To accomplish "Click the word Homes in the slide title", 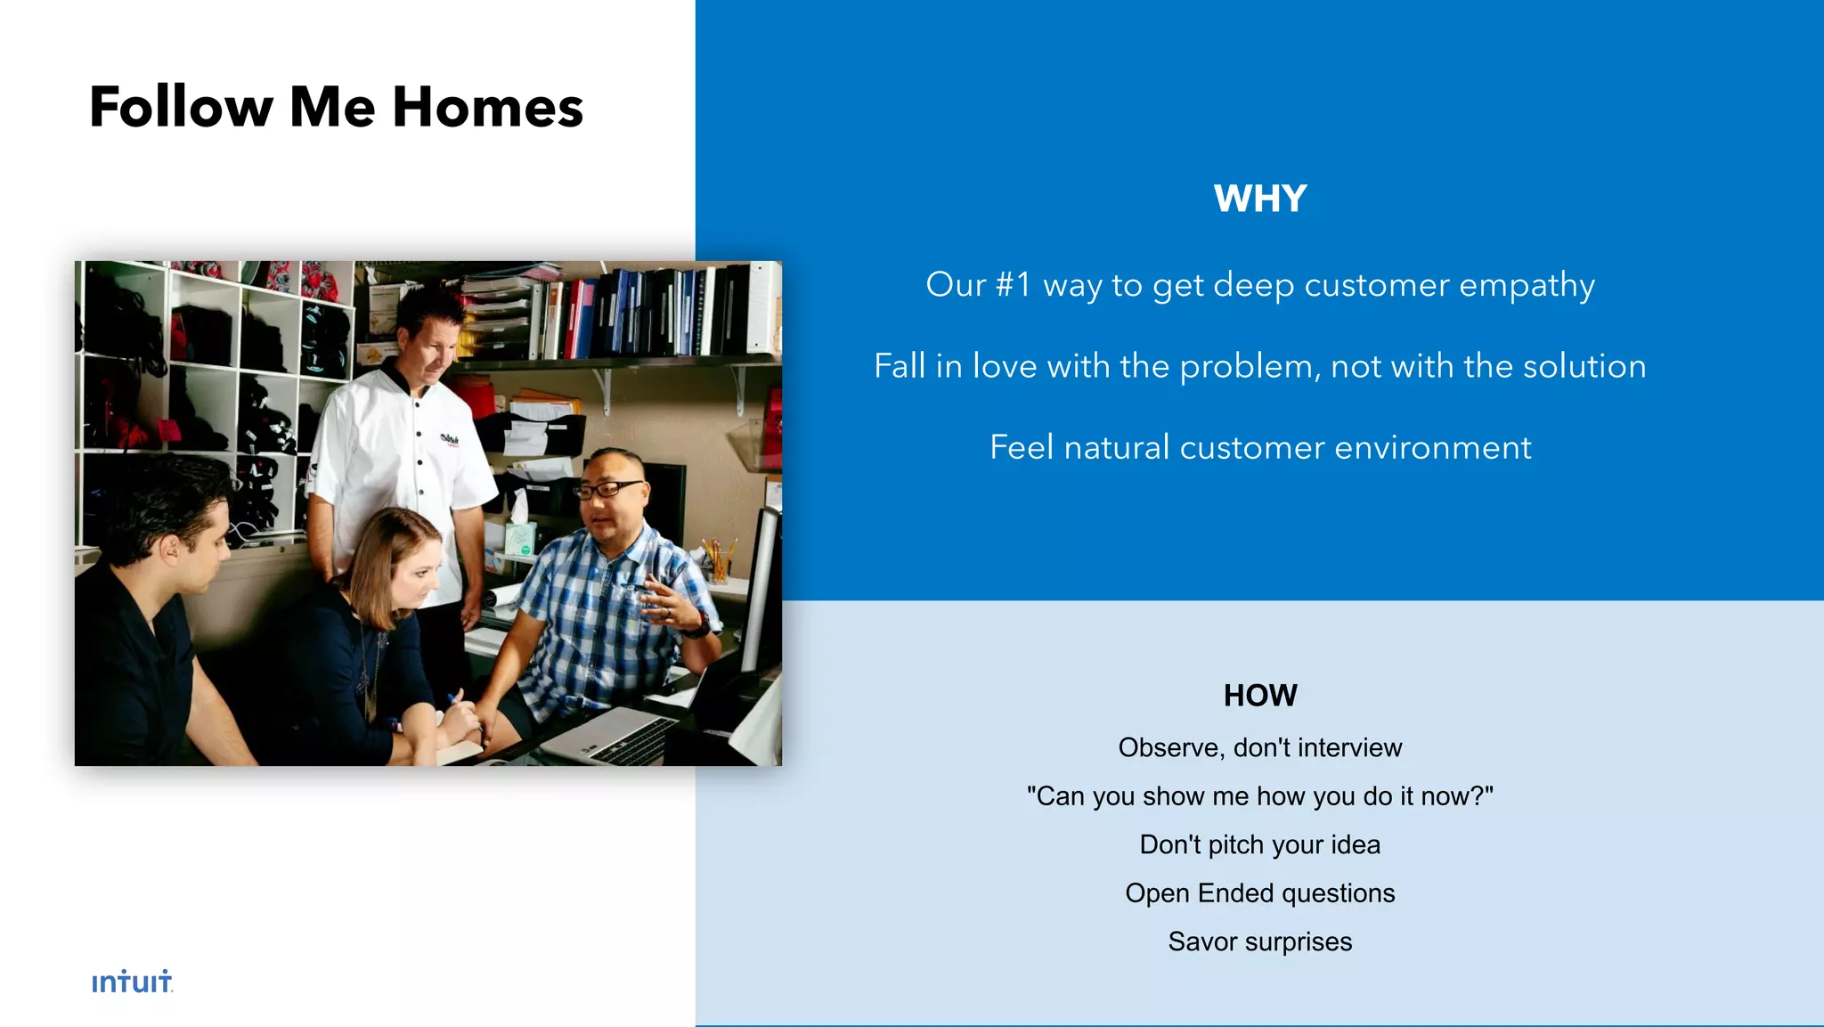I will tap(487, 108).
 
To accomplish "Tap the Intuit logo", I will tap(132, 982).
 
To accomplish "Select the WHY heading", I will tap(1259, 199).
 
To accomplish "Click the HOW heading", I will tap(1259, 695).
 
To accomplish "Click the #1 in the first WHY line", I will tap(1013, 285).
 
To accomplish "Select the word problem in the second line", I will tap(1246, 367).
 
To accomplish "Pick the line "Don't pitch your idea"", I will tap(1259, 844).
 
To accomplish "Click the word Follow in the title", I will tap(182, 108).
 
